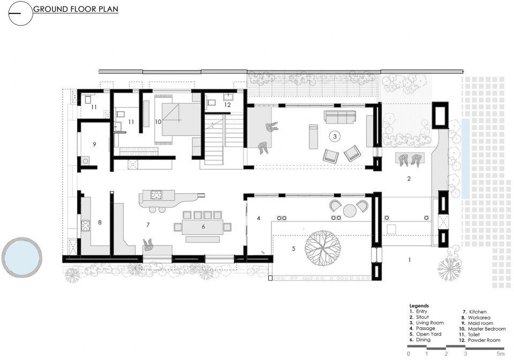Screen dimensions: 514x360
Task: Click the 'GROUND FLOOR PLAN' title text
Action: (75, 9)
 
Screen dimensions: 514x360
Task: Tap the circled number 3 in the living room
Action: (335, 136)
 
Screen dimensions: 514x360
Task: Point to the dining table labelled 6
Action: (203, 227)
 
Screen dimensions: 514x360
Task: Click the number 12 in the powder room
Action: (228, 105)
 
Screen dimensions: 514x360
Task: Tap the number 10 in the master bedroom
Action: (158, 122)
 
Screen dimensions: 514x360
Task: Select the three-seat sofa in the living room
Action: (340, 117)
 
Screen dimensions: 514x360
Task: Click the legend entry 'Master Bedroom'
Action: (487, 328)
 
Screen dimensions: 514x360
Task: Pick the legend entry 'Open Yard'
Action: (429, 334)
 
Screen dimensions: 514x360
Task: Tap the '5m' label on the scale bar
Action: (500, 354)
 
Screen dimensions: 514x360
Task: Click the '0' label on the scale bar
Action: (409, 354)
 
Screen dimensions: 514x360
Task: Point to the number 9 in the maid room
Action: (94, 144)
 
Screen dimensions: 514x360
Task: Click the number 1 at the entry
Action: (410, 260)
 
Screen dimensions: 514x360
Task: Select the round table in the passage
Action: (350, 211)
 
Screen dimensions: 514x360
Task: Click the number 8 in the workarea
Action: (100, 223)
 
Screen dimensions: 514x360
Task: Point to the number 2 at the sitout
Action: (409, 179)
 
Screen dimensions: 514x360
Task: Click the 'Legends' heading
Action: (419, 305)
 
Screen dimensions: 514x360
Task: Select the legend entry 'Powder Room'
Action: (484, 340)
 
